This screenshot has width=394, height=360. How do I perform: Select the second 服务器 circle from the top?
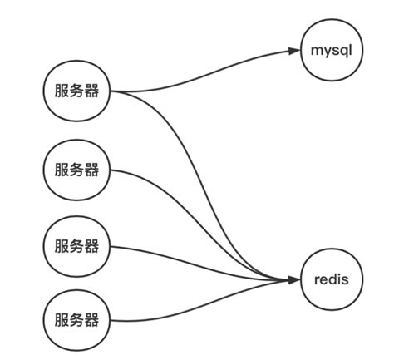click(76, 170)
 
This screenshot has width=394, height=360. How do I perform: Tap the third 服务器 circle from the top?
click(76, 246)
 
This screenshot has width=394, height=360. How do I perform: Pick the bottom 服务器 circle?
click(76, 320)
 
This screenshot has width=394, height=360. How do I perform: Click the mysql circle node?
click(332, 51)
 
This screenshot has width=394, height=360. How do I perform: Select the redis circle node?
click(332, 280)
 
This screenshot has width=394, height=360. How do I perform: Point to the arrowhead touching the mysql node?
click(294, 52)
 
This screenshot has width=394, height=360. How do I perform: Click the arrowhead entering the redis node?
click(294, 280)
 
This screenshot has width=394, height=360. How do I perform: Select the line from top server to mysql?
click(208, 67)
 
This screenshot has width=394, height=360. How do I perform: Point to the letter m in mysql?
click(317, 51)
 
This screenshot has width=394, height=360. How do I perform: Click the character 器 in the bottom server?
click(91, 320)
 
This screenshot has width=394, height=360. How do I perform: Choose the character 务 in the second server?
click(76, 170)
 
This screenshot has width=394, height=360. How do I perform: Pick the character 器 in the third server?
click(91, 246)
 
